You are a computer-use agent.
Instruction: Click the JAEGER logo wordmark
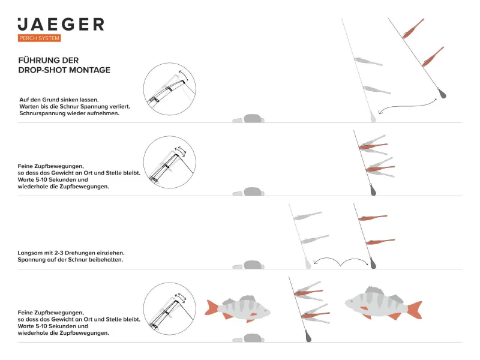tap(61, 24)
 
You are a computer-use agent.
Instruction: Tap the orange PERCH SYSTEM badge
tap(39, 38)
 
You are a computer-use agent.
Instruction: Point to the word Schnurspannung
tap(46, 113)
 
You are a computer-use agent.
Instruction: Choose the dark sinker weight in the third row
tap(371, 263)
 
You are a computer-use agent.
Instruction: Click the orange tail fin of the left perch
tap(211, 308)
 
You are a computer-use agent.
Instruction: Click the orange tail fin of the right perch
tap(415, 310)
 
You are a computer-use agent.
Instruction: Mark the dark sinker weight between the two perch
tap(307, 336)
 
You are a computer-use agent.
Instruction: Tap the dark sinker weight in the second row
tap(372, 190)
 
